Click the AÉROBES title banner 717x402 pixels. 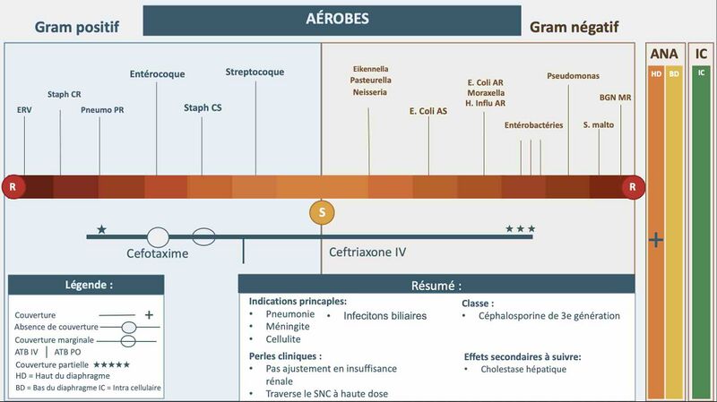click(332, 20)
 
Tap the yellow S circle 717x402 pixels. click(322, 212)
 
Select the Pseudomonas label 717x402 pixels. click(573, 76)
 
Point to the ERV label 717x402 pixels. click(24, 109)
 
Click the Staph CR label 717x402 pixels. click(64, 94)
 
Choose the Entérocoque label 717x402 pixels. click(158, 74)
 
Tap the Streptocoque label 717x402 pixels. click(255, 73)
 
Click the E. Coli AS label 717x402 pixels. click(428, 111)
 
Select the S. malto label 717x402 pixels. click(599, 124)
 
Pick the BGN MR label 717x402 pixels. click(615, 98)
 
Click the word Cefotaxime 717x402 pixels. click(158, 253)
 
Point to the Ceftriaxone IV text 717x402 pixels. click(367, 252)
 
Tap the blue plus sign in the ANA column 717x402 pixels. click(656, 240)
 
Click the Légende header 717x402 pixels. click(86, 285)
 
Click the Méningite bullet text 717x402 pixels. click(288, 327)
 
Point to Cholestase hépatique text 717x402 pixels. click(523, 369)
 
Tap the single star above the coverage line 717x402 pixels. click(101, 229)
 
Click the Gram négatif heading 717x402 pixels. click(574, 28)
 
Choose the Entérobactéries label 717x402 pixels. click(533, 125)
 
